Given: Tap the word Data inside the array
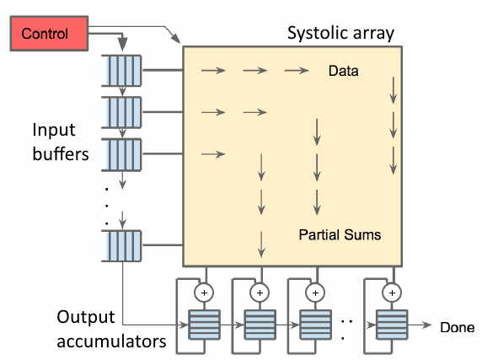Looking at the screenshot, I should pos(343,72).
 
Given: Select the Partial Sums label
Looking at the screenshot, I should pos(340,235).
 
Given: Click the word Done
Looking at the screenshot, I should pos(458,327).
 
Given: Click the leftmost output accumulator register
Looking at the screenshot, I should pos(203,325).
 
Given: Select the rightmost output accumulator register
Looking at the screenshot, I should pos(390,325).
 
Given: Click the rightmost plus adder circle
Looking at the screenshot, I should pos(390,292).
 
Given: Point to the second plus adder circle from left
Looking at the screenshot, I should pos(260,292).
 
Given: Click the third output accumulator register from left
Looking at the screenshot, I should pos(316,325).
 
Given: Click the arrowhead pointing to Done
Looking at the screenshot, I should pos(430,326).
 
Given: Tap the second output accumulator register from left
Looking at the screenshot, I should pos(260,325).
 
